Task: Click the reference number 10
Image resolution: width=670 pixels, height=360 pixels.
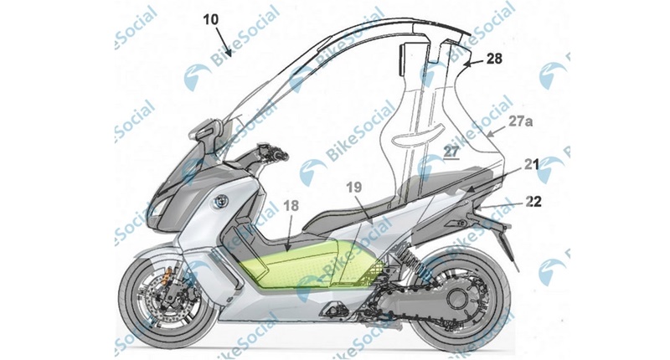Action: tap(211, 20)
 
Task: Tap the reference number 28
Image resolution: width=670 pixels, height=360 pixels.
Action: tap(494, 58)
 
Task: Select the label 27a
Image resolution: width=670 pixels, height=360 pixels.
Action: tap(520, 121)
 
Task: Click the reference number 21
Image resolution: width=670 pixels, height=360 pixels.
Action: tap(532, 164)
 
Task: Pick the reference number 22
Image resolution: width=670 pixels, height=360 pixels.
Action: tap(533, 201)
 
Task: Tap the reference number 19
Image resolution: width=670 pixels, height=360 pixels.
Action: tap(354, 188)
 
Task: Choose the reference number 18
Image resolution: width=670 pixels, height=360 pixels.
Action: tap(291, 207)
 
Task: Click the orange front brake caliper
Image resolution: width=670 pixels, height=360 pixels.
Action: tap(171, 273)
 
